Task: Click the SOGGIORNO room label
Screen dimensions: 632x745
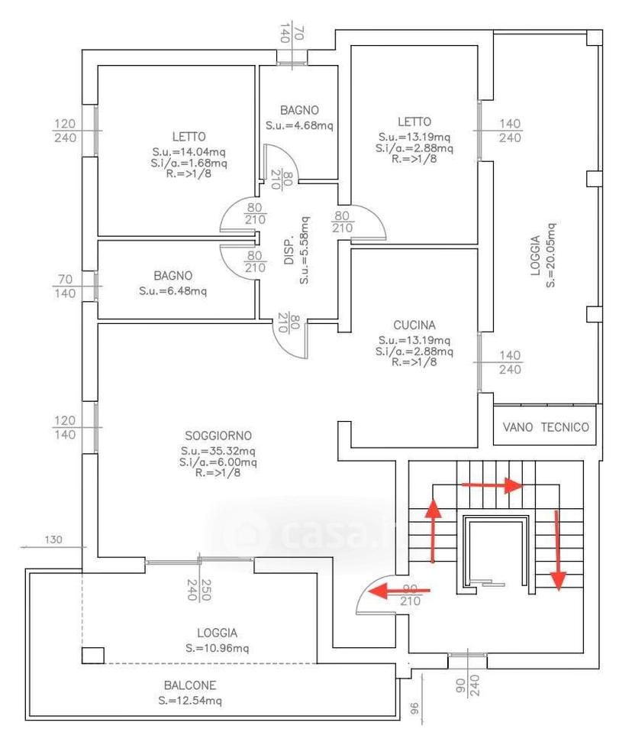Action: point(218,436)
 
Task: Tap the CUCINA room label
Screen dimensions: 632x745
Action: point(414,326)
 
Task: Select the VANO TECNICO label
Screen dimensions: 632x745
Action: point(546,427)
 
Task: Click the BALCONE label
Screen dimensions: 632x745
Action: point(190,685)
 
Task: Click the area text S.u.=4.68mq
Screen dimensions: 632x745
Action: point(299,126)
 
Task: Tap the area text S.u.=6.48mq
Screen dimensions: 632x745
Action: point(173,291)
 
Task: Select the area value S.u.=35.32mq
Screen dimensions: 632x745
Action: point(218,450)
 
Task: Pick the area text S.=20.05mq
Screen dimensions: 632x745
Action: point(550,254)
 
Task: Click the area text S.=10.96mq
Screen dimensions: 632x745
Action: point(218,648)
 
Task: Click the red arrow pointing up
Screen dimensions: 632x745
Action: point(433,531)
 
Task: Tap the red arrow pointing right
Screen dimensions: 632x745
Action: point(492,485)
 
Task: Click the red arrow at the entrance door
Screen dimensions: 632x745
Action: point(399,591)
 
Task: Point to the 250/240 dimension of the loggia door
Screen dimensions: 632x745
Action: point(199,589)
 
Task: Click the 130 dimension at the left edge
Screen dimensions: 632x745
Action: point(53,539)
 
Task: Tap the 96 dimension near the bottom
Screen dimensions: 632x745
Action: point(414,709)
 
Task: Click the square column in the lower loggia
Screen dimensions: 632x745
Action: point(93,655)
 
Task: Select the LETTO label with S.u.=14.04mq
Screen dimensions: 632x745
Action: point(189,137)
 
